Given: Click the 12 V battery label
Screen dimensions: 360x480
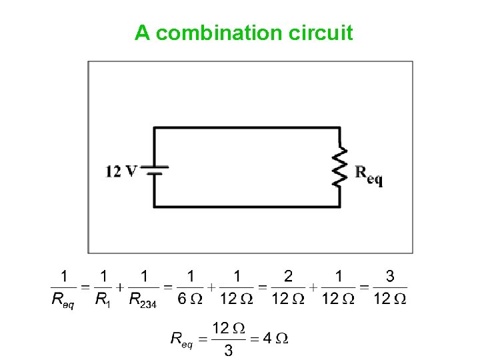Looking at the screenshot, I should [x=121, y=172].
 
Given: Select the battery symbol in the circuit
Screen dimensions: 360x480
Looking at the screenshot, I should [x=155, y=171].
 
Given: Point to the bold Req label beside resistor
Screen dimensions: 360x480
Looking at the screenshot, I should [x=369, y=175].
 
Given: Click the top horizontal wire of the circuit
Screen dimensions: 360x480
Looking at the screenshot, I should [x=247, y=128].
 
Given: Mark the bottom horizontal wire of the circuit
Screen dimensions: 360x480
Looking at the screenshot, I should [x=247, y=206].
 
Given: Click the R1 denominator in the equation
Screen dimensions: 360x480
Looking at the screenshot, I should [x=103, y=299].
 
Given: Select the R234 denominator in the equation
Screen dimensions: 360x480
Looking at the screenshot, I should [x=142, y=299].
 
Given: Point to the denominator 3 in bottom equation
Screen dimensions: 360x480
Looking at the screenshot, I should [x=228, y=351].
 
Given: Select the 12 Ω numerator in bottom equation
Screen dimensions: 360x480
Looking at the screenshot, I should [x=228, y=328].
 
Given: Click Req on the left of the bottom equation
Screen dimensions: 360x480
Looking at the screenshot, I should [x=181, y=340].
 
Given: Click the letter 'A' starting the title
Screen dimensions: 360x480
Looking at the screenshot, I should [x=141, y=33].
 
